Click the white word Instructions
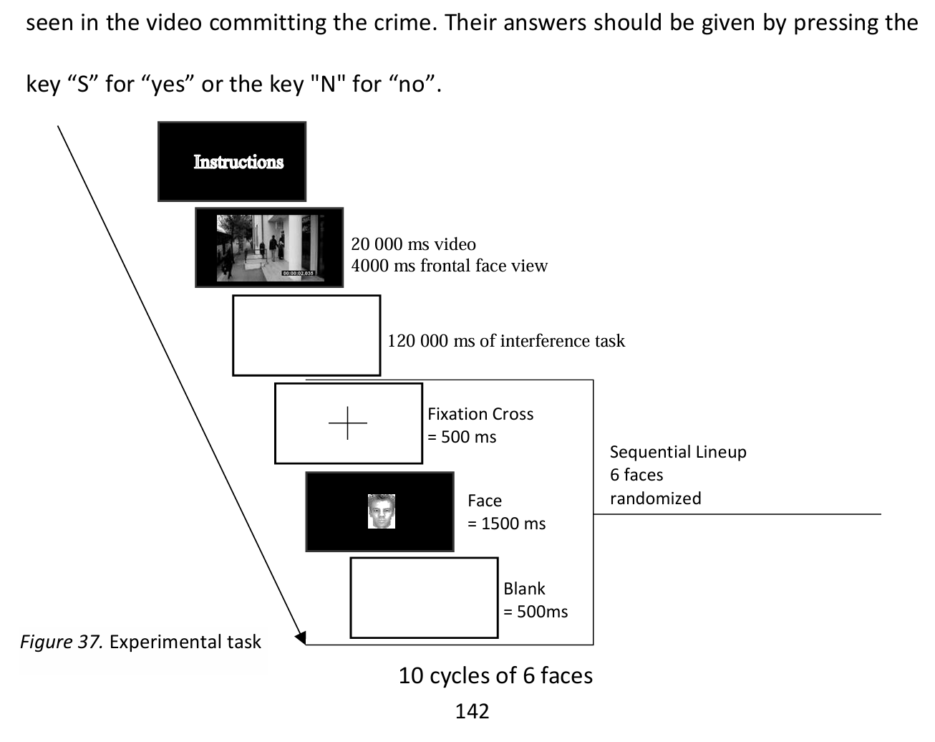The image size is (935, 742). [x=238, y=162]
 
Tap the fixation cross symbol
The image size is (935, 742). [x=348, y=423]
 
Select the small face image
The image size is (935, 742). [x=382, y=512]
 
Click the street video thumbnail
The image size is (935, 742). [x=269, y=247]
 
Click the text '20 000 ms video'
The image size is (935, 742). [x=413, y=244]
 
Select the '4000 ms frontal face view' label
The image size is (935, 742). [x=449, y=266]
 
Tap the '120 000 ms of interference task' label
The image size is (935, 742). [x=505, y=341]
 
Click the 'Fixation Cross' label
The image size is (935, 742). [x=480, y=414]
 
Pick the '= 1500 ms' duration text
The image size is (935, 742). [x=506, y=524]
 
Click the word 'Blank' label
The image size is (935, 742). [x=524, y=589]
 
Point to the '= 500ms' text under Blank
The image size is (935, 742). [x=536, y=612]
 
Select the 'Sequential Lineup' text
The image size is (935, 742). [x=678, y=452]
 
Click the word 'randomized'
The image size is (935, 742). [x=655, y=498]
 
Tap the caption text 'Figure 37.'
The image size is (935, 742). [x=62, y=642]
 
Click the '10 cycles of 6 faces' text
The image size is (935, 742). [x=495, y=675]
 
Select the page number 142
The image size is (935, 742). [x=472, y=711]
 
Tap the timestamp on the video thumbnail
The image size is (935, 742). [x=298, y=274]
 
